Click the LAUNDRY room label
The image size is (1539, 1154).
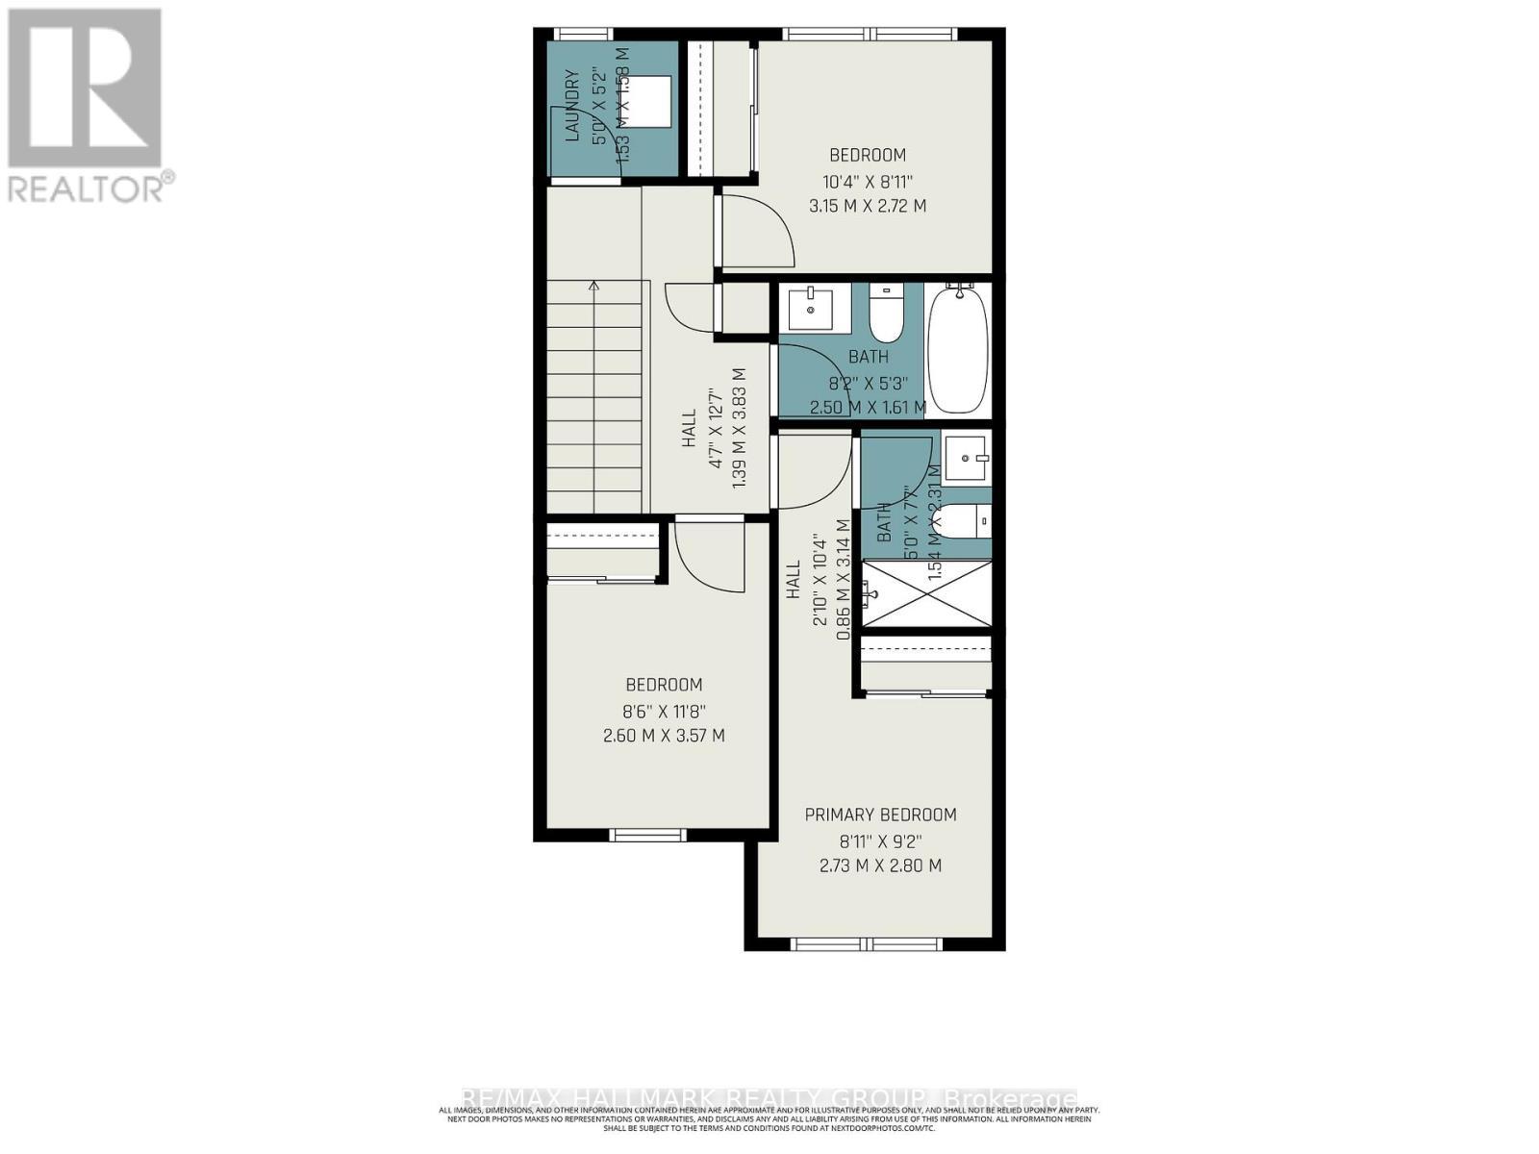pyautogui.click(x=572, y=106)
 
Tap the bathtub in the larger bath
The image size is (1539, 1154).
pyautogui.click(x=958, y=348)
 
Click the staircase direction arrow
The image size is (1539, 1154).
pyautogui.click(x=594, y=285)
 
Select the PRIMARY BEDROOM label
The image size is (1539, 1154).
pyautogui.click(x=880, y=815)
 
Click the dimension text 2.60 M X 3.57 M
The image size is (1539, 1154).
pyautogui.click(x=664, y=736)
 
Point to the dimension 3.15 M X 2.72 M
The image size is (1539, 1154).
pyautogui.click(x=868, y=206)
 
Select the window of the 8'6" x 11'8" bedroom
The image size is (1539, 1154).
pyautogui.click(x=647, y=834)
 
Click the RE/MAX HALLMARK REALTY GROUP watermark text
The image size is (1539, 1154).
pyautogui.click(x=769, y=1098)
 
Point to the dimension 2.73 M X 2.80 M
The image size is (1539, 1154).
pyautogui.click(x=880, y=865)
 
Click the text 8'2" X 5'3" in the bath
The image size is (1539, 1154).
pyautogui.click(x=868, y=382)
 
